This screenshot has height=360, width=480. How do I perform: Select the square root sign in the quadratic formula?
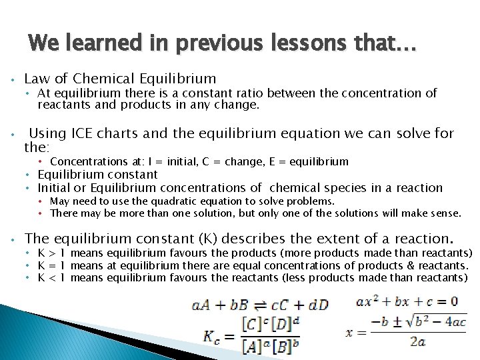(x=395, y=321)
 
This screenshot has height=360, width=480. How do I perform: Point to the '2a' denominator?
(x=417, y=342)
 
